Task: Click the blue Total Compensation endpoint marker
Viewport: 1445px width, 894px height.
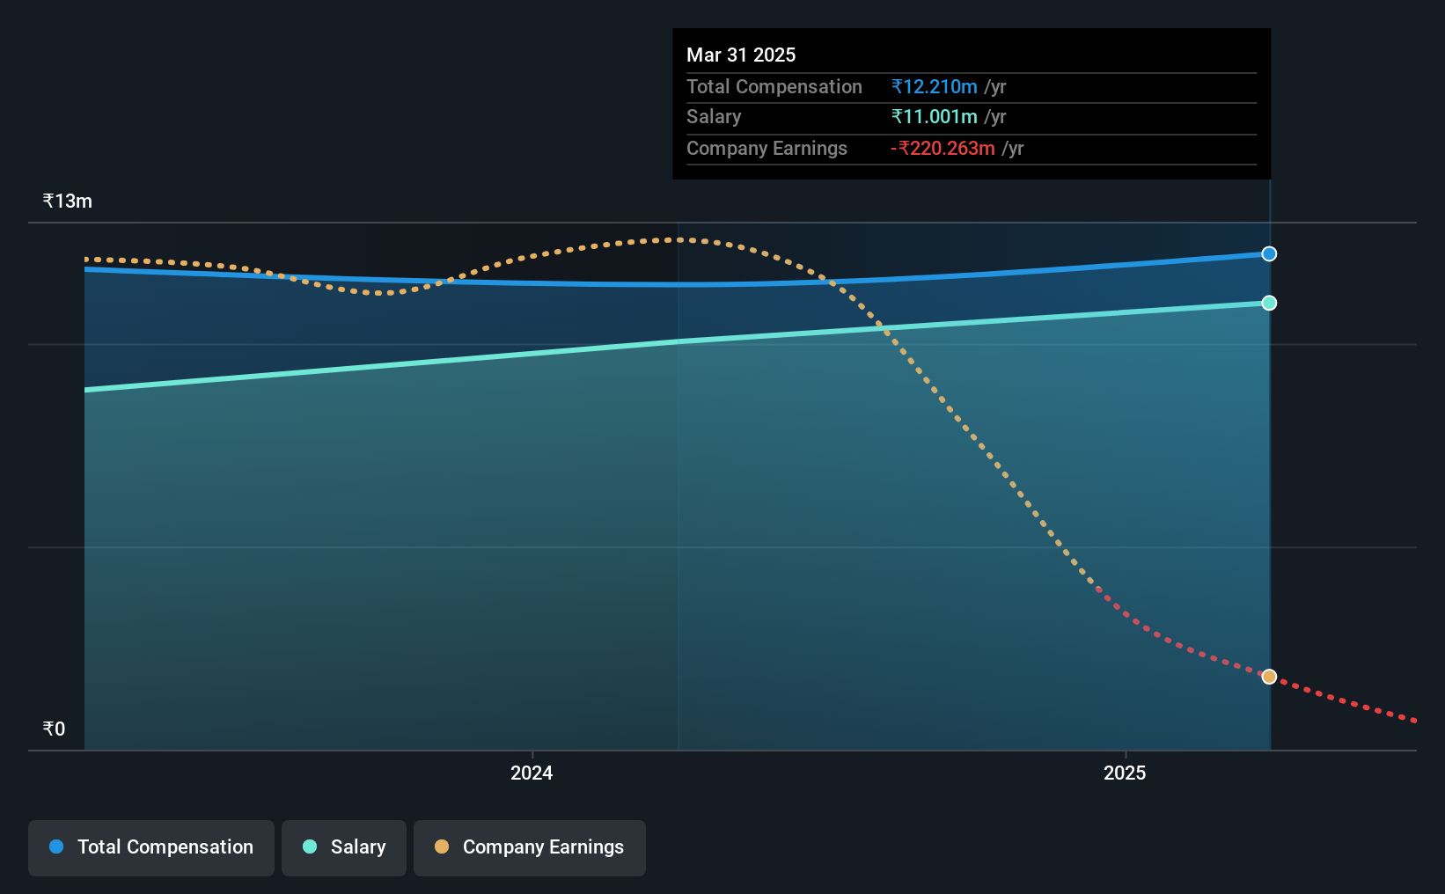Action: coord(1269,254)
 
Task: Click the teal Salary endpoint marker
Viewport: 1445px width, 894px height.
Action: coord(1269,304)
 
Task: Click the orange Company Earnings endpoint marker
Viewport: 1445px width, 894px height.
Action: coord(1269,677)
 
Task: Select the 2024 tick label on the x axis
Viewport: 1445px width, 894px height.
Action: coord(532,773)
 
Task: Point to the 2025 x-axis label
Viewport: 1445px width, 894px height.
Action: coord(1125,773)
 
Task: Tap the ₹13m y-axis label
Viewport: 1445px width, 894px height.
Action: coord(68,202)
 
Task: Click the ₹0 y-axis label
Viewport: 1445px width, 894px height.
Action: coord(54,729)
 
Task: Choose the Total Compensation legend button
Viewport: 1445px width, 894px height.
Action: coord(151,847)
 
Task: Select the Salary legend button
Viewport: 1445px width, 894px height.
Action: coord(344,847)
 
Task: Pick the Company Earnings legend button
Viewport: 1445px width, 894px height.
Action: coord(530,847)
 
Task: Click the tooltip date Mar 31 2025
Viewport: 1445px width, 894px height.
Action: coord(741,55)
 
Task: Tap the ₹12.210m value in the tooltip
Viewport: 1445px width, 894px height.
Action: coord(935,87)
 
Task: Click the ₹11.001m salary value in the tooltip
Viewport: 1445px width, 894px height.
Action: coord(935,117)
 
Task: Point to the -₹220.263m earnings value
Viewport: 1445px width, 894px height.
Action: coord(943,149)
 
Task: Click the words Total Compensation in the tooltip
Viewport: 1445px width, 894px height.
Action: coord(774,87)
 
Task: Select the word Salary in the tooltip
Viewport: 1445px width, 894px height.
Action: coord(714,117)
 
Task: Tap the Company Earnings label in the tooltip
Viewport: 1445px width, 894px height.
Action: coord(767,149)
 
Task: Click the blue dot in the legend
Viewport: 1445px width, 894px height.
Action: coord(56,846)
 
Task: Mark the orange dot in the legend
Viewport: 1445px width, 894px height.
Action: coord(442,846)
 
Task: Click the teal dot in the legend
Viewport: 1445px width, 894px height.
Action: coord(310,846)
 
